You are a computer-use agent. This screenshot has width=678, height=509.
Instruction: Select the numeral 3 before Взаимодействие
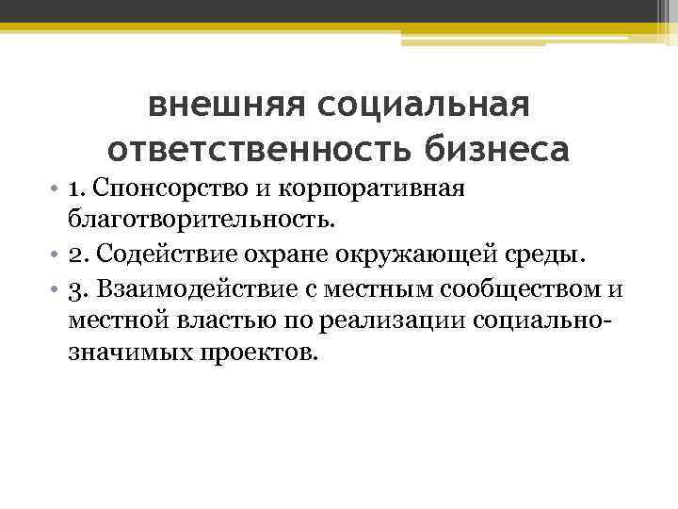[73, 287]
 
